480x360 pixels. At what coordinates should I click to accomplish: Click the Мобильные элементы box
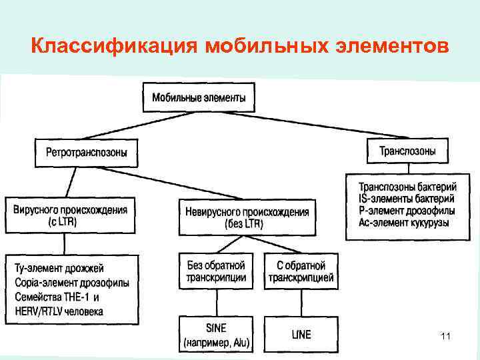coord(198,97)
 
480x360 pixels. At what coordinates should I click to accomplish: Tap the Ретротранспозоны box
coord(87,153)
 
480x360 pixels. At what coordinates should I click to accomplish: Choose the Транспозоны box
coord(407,151)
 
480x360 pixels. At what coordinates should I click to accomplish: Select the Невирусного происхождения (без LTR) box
coord(247,218)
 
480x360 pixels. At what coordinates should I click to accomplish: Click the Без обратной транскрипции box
coord(216,271)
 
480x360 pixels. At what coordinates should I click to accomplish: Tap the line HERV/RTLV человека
coord(59,311)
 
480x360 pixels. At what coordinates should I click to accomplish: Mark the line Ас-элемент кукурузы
coord(404,223)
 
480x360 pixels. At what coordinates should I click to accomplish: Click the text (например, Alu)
coord(216,343)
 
